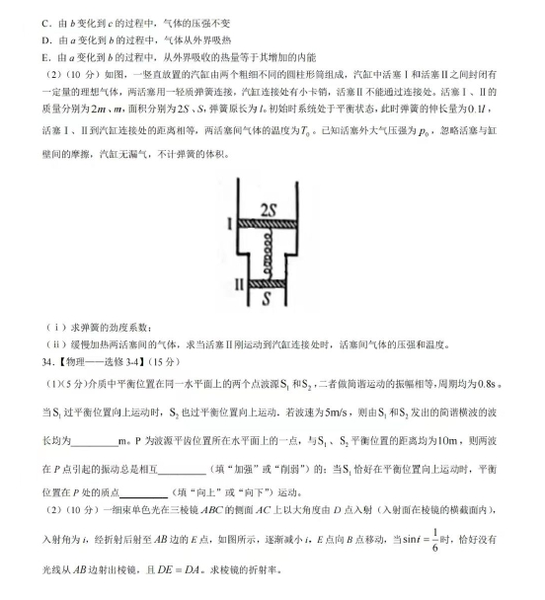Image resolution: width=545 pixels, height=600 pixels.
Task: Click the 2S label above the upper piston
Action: (268, 208)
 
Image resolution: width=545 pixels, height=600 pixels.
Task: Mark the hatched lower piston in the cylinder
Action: (266, 286)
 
